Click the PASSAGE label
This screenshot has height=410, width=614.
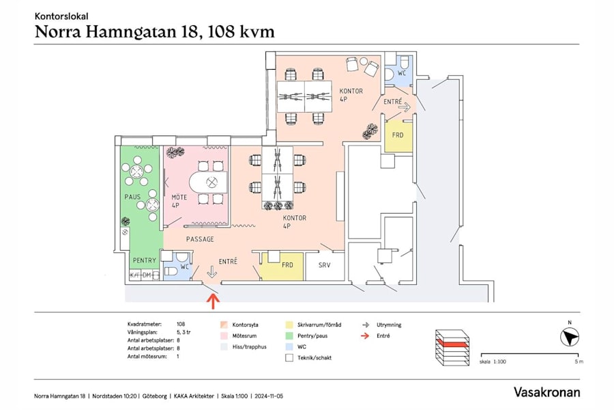pyautogui.click(x=200, y=239)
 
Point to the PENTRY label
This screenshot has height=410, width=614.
pyautogui.click(x=144, y=260)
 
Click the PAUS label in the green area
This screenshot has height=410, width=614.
pyautogui.click(x=132, y=197)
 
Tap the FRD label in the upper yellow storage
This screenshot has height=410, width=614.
pyautogui.click(x=397, y=135)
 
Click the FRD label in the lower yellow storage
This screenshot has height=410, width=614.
pyautogui.click(x=287, y=264)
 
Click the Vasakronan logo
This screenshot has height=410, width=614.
pyautogui.click(x=546, y=392)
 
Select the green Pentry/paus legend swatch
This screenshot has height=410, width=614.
pyautogui.click(x=289, y=336)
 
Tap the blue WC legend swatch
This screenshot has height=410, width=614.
pyautogui.click(x=289, y=346)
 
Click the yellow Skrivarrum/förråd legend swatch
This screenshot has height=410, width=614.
pyautogui.click(x=289, y=325)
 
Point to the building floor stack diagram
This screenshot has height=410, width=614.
pyautogui.click(x=452, y=346)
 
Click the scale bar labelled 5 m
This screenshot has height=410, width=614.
pyautogui.click(x=529, y=355)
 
